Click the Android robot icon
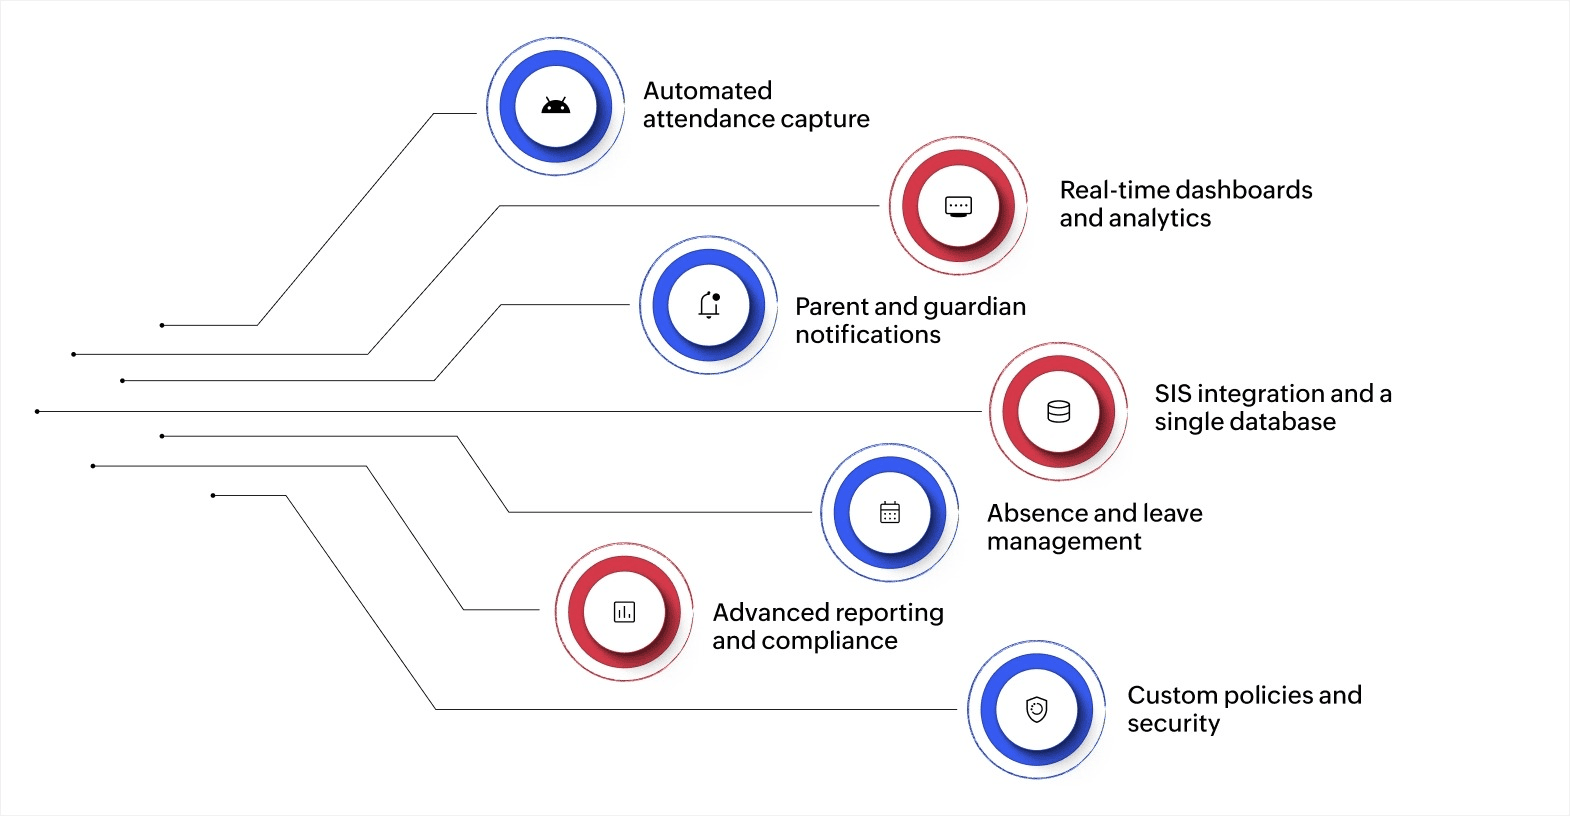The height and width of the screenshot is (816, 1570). pos(555,106)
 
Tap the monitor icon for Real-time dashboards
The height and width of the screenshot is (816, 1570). pos(958,206)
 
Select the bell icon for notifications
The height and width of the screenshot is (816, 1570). pos(709,305)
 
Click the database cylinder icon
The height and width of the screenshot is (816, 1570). pos(1058,411)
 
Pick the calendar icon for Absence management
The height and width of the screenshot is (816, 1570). pos(889,512)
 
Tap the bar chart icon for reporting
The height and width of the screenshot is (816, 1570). pos(624,611)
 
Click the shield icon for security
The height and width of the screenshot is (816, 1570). pos(1037,709)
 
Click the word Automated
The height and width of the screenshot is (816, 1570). pos(707,91)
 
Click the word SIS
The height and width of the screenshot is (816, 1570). pos(1172,394)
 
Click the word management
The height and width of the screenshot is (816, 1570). pos(1064,542)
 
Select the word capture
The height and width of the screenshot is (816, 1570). pos(823,119)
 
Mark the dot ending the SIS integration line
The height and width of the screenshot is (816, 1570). pos(37,411)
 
